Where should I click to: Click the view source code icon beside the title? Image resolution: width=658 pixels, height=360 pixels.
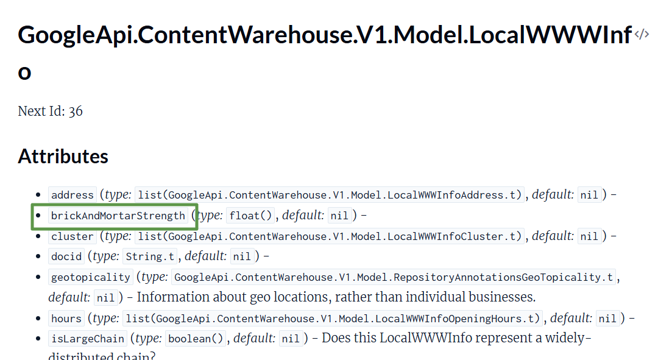[642, 35]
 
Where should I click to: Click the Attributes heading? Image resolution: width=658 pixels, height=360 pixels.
[63, 157]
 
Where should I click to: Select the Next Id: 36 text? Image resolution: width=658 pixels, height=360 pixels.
[50, 111]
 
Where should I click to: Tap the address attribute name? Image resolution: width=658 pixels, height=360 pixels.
[73, 195]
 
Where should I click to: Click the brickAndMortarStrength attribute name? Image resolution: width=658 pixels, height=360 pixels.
[118, 216]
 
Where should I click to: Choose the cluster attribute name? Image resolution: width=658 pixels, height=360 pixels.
[73, 236]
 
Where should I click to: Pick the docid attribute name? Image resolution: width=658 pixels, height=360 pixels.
[66, 256]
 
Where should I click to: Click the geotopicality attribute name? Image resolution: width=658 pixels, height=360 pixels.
[90, 277]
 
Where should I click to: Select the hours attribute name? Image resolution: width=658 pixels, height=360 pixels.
[66, 319]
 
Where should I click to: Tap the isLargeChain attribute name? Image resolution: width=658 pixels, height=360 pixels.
[87, 339]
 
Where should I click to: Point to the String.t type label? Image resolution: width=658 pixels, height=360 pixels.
[150, 256]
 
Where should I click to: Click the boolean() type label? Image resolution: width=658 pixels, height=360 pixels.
[196, 339]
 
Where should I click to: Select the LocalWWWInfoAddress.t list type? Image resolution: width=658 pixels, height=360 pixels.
[330, 195]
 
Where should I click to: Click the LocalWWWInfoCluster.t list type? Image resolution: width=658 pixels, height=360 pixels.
[330, 236]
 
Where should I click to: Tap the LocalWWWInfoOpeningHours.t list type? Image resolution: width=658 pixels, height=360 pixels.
[333, 319]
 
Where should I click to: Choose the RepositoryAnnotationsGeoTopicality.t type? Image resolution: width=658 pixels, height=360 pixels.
[394, 277]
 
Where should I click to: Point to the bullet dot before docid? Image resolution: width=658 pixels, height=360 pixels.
[39, 256]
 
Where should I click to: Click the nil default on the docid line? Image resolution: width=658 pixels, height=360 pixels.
[242, 256]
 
